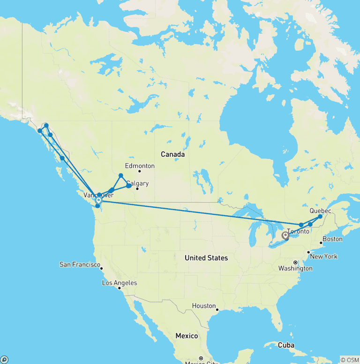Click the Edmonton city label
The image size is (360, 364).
(x=140, y=166)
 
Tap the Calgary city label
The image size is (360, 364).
(x=137, y=183)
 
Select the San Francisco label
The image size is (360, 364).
(x=80, y=265)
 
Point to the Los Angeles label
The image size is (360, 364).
(x=120, y=283)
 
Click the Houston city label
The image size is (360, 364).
(x=204, y=306)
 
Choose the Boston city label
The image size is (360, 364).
(x=332, y=239)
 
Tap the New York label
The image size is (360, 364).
(x=324, y=257)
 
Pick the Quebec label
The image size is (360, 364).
(x=321, y=211)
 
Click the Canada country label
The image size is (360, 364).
(x=172, y=154)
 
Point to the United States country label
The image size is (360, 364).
(x=206, y=258)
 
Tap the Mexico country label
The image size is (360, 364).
(x=187, y=336)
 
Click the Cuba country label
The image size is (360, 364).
(x=286, y=345)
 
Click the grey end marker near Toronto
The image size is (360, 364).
(x=285, y=235)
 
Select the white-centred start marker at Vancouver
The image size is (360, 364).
(x=98, y=200)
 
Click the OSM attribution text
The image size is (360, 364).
(x=350, y=360)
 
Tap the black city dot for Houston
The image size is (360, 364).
(x=217, y=309)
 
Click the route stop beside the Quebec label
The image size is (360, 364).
(x=320, y=217)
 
